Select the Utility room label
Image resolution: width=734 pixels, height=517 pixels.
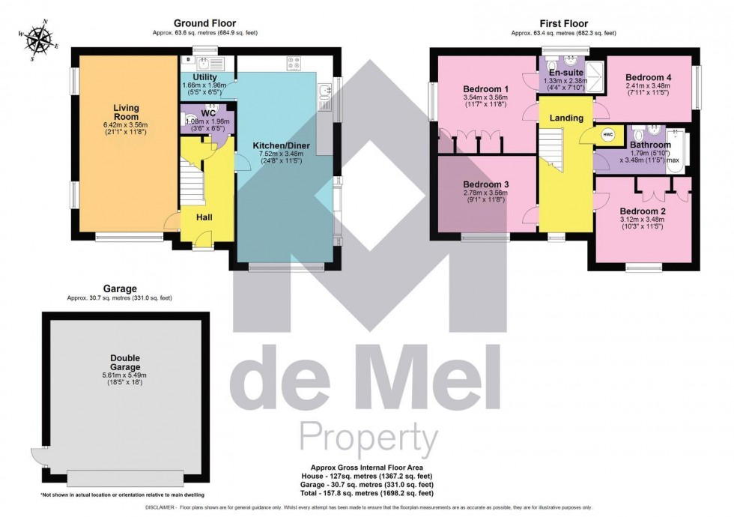tap(204, 77)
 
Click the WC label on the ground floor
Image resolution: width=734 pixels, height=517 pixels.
tap(199, 114)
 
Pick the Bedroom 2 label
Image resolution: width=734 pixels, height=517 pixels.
tap(642, 211)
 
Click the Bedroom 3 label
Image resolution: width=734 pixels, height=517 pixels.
tap(485, 185)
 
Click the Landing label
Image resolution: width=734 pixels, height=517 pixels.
tap(566, 118)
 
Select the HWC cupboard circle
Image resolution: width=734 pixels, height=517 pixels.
tap(607, 135)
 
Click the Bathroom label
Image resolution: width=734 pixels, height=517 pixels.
tap(649, 145)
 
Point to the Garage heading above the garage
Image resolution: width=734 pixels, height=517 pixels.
tap(119, 288)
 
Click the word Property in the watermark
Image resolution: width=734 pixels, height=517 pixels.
tap(368, 435)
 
